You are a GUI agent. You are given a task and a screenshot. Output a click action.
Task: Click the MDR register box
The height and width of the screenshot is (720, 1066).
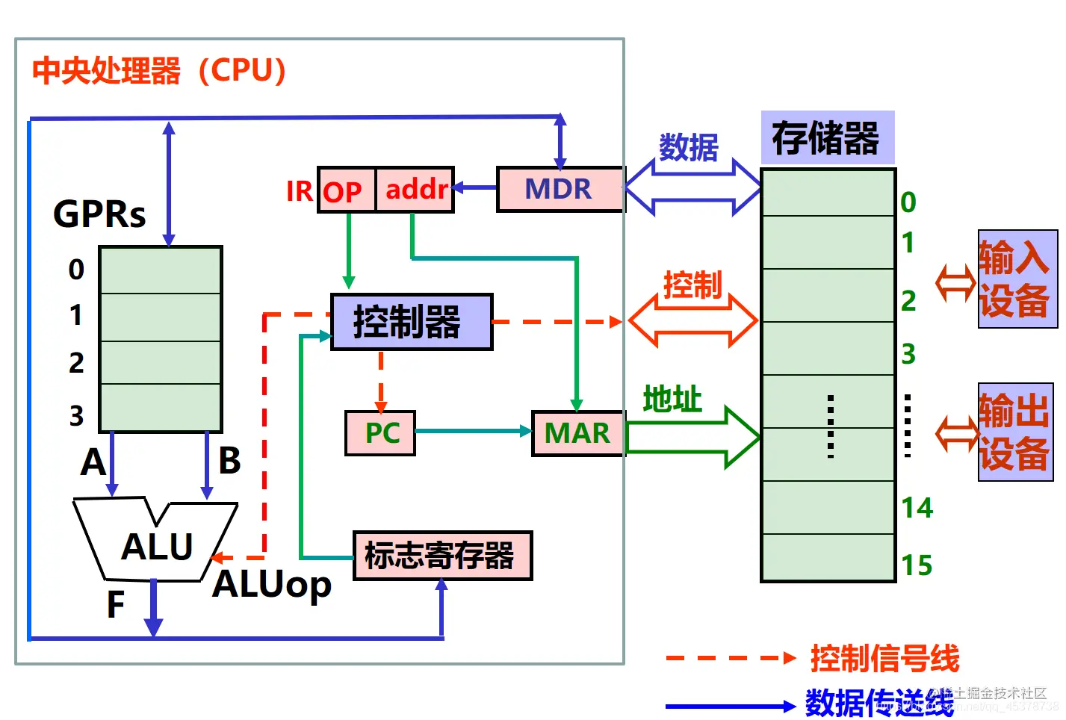[560, 190]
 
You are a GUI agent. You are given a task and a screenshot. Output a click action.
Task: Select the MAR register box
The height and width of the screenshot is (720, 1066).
[577, 433]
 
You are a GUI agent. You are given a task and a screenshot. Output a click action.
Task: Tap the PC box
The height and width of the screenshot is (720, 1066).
[380, 433]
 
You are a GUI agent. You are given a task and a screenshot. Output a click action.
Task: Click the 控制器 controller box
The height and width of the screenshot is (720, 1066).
[411, 322]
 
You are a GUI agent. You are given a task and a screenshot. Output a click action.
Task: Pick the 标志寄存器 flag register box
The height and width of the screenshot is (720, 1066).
[441, 556]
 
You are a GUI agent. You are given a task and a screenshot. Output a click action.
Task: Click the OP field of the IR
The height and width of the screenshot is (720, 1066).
[345, 190]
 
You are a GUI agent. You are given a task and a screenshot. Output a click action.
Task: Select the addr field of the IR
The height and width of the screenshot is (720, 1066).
[415, 190]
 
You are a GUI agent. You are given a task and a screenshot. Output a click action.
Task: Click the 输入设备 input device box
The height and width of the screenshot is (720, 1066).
[1017, 279]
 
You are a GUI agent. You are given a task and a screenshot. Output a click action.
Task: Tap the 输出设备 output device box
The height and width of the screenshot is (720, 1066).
[1015, 432]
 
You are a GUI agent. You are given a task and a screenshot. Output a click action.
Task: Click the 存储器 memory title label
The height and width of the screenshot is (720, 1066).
[827, 138]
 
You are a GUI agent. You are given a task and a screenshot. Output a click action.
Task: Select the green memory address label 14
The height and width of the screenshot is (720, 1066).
[917, 509]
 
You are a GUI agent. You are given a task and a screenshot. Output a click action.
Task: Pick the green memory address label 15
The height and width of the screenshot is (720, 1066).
[917, 565]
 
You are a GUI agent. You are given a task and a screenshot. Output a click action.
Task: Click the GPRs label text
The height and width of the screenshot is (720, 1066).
[99, 214]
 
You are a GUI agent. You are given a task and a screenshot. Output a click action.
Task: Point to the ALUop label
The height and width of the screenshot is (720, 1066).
[272, 585]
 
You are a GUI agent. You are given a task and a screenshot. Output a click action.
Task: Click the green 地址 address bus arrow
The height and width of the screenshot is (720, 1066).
[691, 438]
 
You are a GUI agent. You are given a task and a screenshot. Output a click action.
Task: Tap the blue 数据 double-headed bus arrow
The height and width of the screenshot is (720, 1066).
[692, 187]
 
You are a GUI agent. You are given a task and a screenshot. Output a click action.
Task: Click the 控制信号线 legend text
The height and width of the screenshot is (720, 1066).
[884, 659]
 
